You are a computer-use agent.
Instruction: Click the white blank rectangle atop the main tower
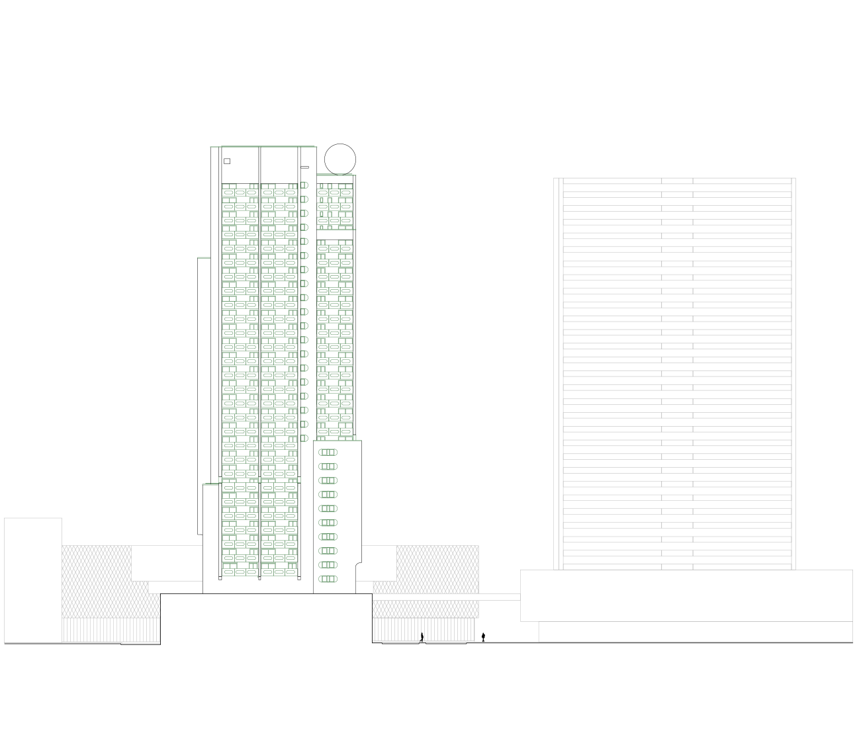point(279,180)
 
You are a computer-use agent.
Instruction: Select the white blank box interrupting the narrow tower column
point(335,234)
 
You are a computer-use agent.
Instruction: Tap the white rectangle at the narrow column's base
point(335,445)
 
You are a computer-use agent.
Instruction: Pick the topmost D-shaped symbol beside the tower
point(304,185)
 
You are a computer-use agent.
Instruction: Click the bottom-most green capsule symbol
point(328,579)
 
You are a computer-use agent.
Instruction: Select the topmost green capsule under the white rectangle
point(328,453)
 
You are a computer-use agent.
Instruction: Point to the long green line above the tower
point(263,147)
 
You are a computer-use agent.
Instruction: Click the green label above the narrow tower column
point(336,175)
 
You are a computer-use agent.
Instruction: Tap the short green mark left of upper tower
point(204,257)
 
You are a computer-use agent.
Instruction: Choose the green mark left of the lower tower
point(210,484)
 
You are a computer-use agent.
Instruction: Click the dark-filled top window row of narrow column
point(334,193)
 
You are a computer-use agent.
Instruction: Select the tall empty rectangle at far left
point(33,580)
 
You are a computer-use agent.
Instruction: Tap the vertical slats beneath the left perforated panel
point(111,629)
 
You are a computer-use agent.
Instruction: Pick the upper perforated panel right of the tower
point(437,569)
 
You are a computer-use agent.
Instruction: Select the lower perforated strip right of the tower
point(425,609)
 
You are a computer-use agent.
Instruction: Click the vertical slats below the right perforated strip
point(424,630)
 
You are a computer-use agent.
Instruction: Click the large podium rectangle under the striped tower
point(686,595)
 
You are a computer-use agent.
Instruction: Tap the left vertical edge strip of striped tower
point(558,374)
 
